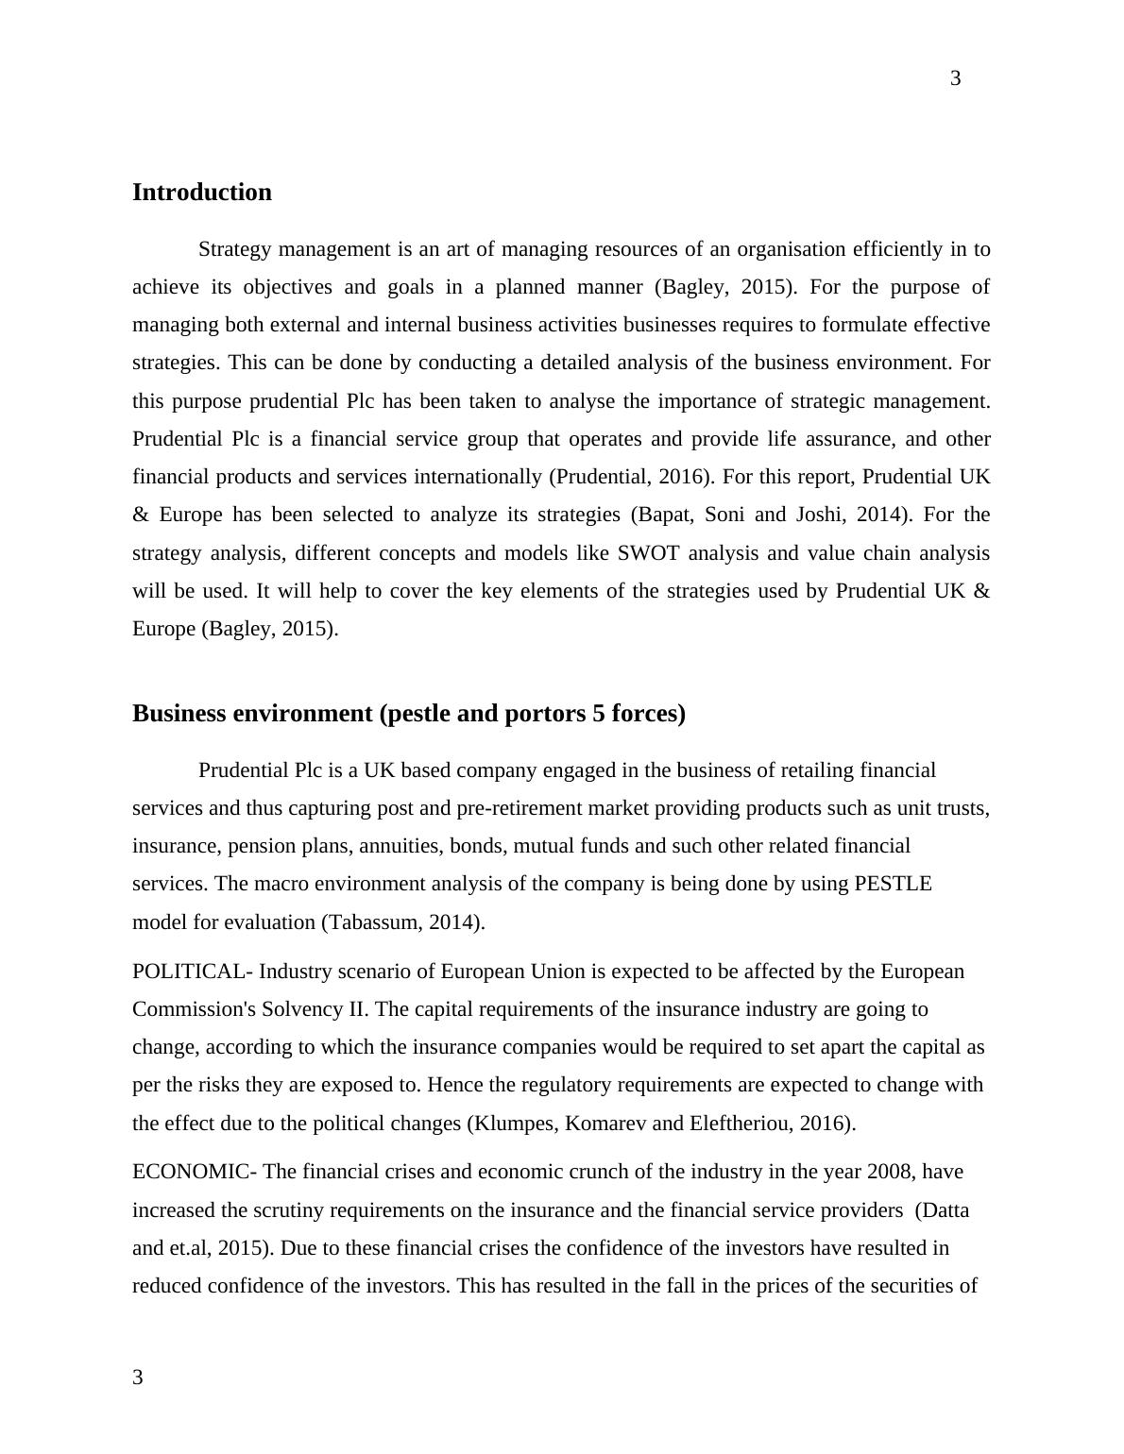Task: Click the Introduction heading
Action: point(202,193)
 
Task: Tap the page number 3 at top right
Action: point(955,78)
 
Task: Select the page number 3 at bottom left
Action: point(138,1378)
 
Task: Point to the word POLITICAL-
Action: point(193,972)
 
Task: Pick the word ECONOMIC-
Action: point(195,1172)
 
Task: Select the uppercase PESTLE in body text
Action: point(893,884)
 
